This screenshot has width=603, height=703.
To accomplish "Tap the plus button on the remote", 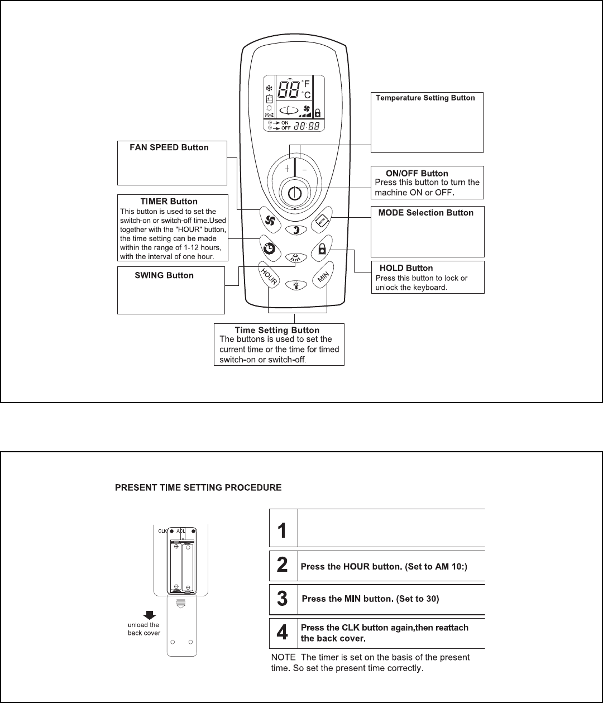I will pos(287,168).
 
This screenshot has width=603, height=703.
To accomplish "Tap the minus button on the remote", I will pos(305,168).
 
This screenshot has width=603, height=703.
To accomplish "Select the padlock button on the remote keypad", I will pos(322,250).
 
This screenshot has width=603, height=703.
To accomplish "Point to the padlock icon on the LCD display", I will pos(317,112).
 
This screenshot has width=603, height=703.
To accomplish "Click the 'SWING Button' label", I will pos(164,275).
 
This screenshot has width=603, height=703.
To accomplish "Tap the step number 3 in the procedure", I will pos(283,599).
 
